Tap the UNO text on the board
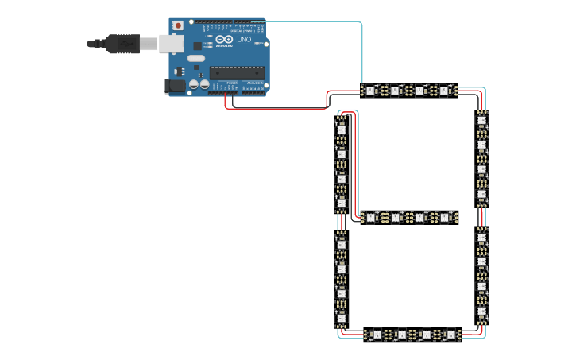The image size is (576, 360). [244, 40]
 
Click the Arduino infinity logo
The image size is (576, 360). [225, 40]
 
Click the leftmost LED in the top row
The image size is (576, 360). [370, 91]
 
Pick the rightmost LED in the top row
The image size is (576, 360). [444, 91]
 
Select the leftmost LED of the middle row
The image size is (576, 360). [370, 217]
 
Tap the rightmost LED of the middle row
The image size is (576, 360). [444, 217]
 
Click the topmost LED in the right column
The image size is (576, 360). [481, 121]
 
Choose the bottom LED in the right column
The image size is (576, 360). [481, 311]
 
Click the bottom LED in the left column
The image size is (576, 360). [342, 318]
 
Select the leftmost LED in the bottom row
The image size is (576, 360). [377, 335]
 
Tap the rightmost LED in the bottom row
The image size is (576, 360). [451, 335]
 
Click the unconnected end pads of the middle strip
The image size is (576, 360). [456, 217]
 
